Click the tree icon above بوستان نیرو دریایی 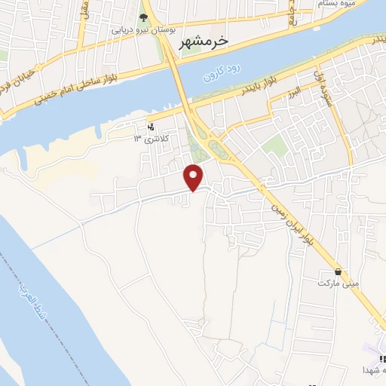[x=144, y=17]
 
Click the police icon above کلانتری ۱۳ [x=151, y=127]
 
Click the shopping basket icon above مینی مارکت [x=337, y=271]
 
